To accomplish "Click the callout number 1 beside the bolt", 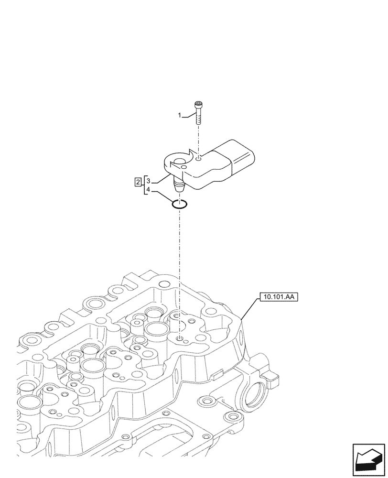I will point(180,116).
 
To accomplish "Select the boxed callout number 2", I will point(138,182).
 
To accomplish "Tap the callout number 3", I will point(149,182).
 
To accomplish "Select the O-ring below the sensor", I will point(180,205).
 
